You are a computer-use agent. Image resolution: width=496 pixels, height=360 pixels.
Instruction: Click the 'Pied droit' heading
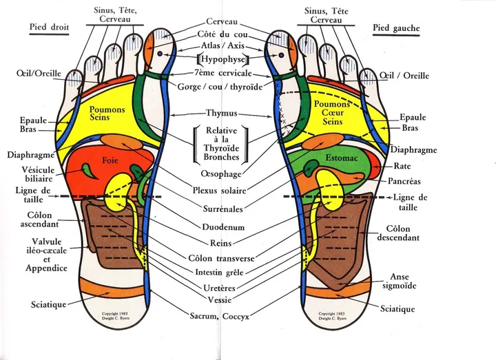coord(49,27)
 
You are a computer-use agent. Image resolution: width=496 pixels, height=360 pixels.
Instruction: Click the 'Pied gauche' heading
coord(396,28)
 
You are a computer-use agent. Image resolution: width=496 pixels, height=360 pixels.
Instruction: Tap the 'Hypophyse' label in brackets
coord(223,59)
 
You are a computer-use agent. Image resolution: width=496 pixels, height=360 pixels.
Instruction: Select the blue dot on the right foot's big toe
coord(160,54)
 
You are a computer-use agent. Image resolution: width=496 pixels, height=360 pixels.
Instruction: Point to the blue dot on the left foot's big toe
coord(281,55)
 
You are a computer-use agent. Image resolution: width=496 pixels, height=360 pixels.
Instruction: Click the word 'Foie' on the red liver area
coord(110,160)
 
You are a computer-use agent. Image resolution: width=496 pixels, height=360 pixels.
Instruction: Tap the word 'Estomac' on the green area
coord(341,158)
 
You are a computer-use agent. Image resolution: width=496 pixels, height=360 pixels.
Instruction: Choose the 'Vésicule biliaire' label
coord(39,174)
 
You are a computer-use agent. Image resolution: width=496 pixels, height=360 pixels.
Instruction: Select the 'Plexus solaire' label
coord(219,191)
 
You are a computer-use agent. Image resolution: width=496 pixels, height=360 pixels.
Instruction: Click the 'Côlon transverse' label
coord(221,258)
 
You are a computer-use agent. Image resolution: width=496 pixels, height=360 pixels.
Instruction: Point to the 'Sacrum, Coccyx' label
coord(220,316)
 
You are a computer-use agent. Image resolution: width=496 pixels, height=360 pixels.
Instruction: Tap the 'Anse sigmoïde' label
coord(399,282)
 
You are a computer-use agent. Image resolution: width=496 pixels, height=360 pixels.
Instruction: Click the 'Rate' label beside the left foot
coord(402,166)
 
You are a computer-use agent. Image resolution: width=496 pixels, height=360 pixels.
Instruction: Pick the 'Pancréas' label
coord(404,181)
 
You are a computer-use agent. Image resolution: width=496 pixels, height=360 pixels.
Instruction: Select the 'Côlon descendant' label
coord(398,233)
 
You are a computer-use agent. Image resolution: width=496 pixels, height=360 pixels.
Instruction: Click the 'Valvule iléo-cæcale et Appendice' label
coord(47,255)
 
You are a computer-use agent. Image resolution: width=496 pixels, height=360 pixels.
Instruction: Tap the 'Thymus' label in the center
coord(221,113)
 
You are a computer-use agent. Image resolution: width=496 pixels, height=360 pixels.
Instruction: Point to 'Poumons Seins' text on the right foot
coord(107,114)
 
